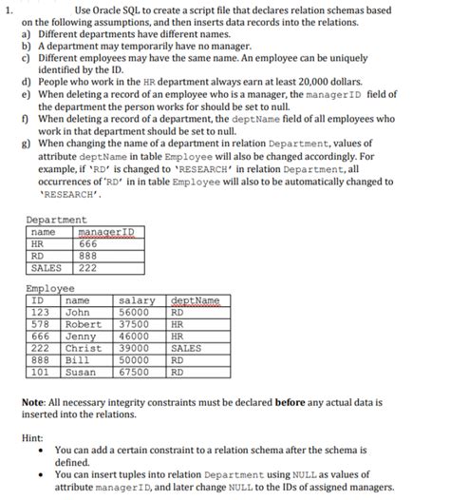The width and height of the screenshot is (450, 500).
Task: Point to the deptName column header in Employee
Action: tap(193, 299)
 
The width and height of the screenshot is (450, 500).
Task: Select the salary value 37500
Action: tap(134, 323)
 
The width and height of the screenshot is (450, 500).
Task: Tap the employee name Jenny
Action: tap(79, 336)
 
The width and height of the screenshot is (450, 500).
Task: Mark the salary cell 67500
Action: tap(134, 372)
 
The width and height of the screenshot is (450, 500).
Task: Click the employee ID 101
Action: tap(40, 372)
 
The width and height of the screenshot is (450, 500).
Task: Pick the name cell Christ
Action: tap(83, 348)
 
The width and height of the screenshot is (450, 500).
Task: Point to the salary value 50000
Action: tap(134, 359)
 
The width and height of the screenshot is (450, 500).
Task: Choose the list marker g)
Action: tap(28, 154)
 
